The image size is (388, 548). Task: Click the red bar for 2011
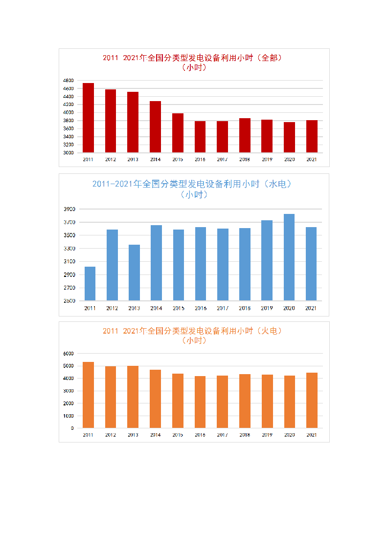point(88,118)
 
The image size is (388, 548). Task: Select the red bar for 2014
point(155,127)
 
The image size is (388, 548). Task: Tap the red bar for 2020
point(289,137)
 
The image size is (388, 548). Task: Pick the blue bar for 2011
point(90,283)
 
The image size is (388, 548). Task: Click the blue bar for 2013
point(134,273)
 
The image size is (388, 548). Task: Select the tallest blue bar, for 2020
point(289,257)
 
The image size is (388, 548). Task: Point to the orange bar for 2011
point(88,395)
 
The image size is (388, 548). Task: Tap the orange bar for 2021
point(312,400)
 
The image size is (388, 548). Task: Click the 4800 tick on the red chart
point(68,81)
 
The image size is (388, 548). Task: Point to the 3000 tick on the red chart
point(68,153)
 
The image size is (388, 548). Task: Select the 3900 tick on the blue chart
point(69,209)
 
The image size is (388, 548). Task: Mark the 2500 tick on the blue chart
point(69,301)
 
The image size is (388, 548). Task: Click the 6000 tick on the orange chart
point(68,353)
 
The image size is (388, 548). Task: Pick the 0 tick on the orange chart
point(72,428)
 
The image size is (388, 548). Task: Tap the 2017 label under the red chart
point(222,160)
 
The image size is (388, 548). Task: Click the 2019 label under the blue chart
point(267,308)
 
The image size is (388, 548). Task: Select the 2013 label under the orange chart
point(133,435)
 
